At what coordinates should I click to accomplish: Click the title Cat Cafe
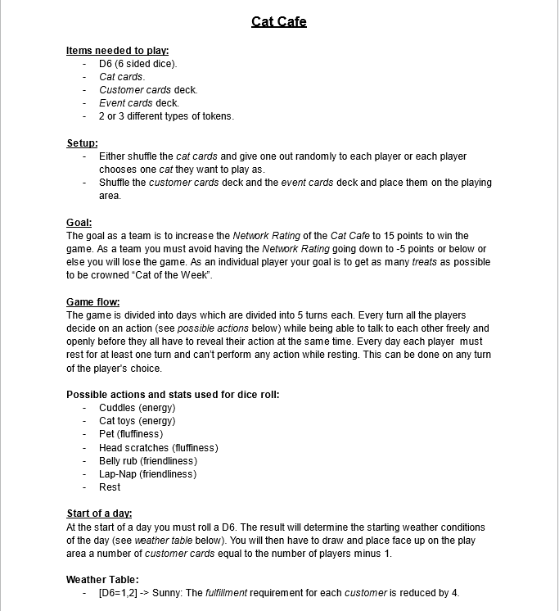click(279, 21)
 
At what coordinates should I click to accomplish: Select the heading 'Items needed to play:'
click(117, 51)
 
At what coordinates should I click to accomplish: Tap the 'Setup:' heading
click(82, 143)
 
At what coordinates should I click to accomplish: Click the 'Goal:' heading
click(79, 223)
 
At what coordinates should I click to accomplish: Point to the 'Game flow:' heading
click(92, 302)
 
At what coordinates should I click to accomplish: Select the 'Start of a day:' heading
click(99, 514)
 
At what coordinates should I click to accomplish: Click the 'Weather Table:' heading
click(102, 580)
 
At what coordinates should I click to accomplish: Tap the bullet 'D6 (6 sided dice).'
click(137, 64)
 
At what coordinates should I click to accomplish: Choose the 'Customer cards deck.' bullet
click(148, 90)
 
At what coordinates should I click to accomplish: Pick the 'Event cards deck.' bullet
click(138, 103)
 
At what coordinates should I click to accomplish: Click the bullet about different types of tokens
click(166, 116)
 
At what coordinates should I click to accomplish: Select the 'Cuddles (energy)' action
click(137, 408)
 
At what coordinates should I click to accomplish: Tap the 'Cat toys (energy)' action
click(137, 421)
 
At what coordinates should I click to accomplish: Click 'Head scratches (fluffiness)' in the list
click(158, 448)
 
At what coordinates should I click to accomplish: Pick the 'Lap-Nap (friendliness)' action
click(147, 474)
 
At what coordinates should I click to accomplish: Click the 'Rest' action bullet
click(110, 487)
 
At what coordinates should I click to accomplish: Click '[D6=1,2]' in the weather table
click(118, 593)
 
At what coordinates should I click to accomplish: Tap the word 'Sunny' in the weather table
click(167, 593)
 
